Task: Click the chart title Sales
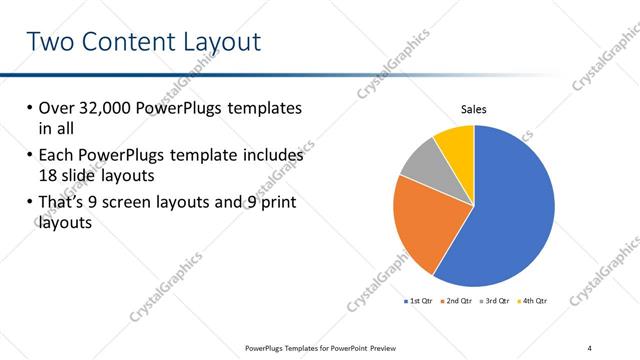pyautogui.click(x=473, y=109)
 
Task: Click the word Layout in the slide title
pyautogui.click(x=213, y=42)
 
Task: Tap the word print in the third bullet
pyautogui.click(x=276, y=203)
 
